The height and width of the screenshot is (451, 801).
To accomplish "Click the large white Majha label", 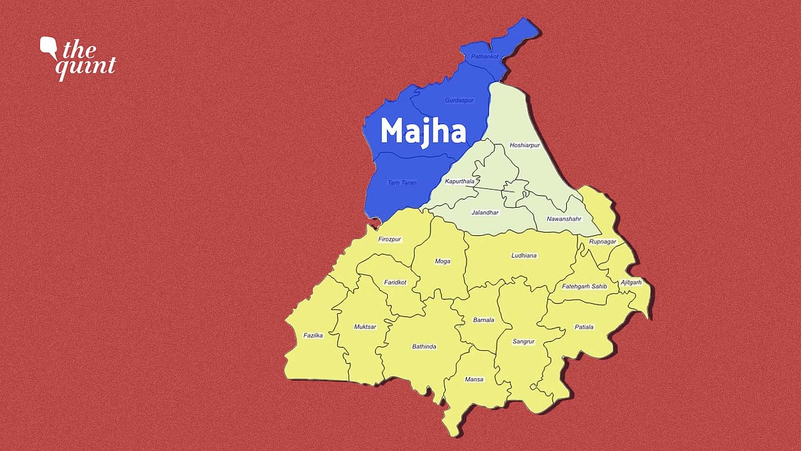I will [423, 131].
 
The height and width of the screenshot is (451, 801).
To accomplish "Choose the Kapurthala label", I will [460, 181].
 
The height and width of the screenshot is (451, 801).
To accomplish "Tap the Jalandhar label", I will [485, 212].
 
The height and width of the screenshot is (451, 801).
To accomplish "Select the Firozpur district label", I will [390, 239].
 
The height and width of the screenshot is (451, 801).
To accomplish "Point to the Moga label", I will [443, 261].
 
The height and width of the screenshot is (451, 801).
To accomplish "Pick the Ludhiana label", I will [524, 256].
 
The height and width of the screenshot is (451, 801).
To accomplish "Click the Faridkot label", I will [395, 283].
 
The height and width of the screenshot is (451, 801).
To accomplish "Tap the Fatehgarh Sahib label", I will [580, 287].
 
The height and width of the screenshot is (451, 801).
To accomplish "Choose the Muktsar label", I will [365, 327].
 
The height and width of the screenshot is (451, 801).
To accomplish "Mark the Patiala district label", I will [583, 327].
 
